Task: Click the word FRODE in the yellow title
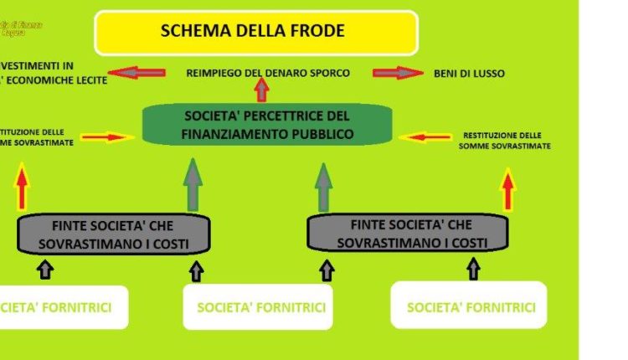click(x=315, y=32)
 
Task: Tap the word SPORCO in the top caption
click(x=326, y=73)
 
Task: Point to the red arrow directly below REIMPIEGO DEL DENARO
click(x=261, y=89)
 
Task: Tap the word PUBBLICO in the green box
click(x=319, y=133)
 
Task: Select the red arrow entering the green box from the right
click(x=425, y=136)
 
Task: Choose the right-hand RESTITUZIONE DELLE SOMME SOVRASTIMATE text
click(x=503, y=140)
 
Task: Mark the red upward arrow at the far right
click(x=507, y=189)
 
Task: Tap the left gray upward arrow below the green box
click(x=193, y=185)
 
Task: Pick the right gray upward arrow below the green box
click(x=323, y=186)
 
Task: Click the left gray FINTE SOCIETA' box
click(x=115, y=234)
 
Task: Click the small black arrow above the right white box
click(x=474, y=269)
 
